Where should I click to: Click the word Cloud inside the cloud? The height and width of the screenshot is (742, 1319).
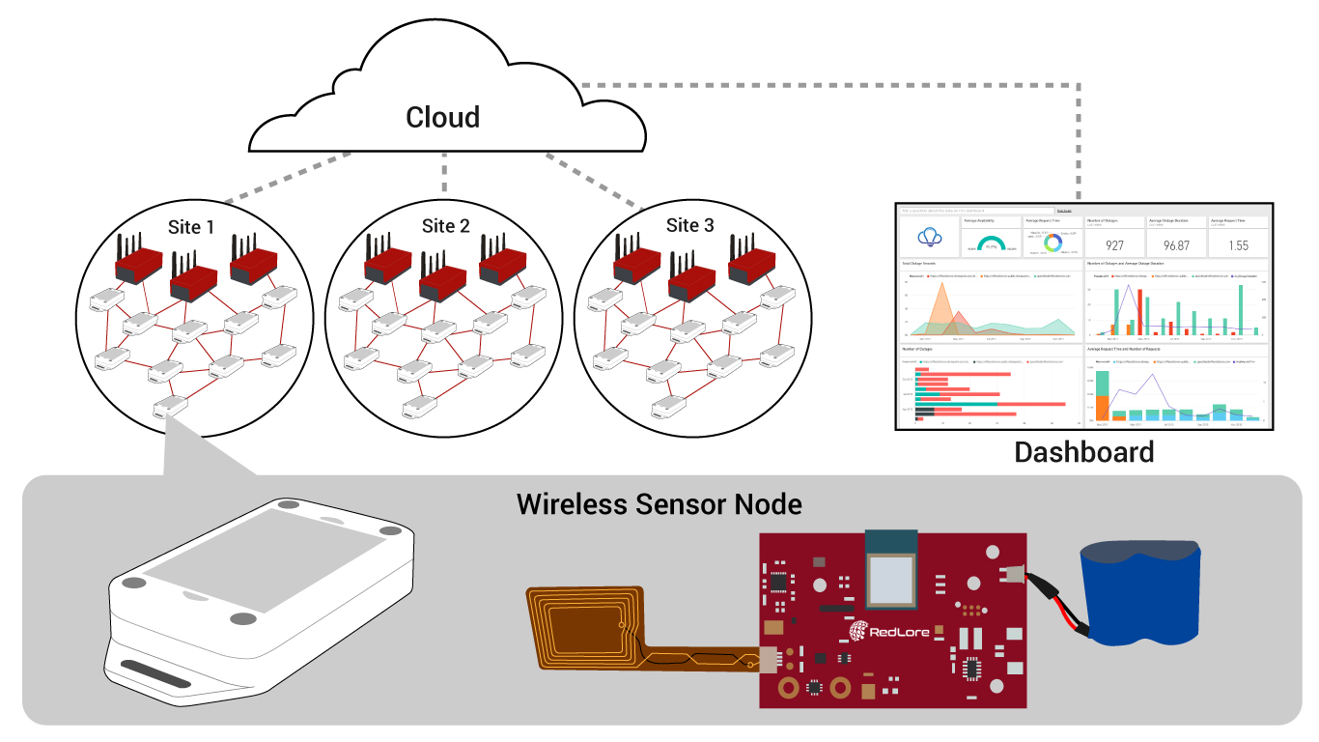point(442,118)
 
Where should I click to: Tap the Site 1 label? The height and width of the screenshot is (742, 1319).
point(191,227)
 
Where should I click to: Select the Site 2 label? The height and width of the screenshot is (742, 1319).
point(445,226)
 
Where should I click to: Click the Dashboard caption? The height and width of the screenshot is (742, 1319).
point(1083,451)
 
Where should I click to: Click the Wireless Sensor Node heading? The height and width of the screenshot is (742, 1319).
point(659,503)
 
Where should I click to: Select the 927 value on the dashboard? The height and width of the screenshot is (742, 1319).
point(1114,245)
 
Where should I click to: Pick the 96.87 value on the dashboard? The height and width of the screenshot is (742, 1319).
point(1174,245)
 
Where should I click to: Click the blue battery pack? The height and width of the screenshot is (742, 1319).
point(1140,593)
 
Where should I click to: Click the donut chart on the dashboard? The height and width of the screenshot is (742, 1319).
point(1052,241)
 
